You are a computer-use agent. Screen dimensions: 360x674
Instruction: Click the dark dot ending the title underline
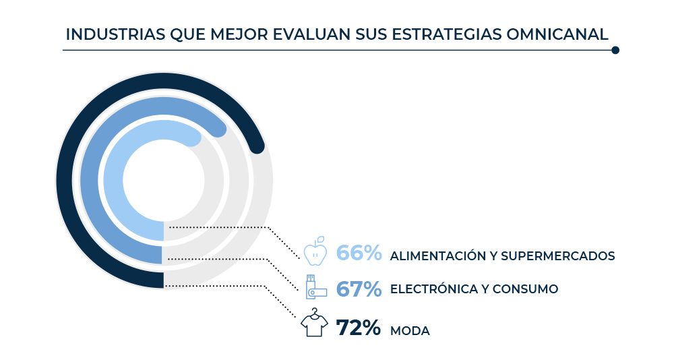click(615, 50)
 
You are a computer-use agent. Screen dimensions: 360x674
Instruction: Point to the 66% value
click(359, 253)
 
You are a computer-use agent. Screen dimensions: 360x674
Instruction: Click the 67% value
click(359, 289)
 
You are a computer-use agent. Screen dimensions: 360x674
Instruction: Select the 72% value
click(359, 328)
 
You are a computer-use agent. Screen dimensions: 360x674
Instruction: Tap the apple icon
click(315, 251)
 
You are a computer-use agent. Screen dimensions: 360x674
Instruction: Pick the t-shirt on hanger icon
click(314, 323)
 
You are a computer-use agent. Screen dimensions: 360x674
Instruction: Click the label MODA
click(410, 331)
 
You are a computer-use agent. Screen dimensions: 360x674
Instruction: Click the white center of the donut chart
click(164, 181)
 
